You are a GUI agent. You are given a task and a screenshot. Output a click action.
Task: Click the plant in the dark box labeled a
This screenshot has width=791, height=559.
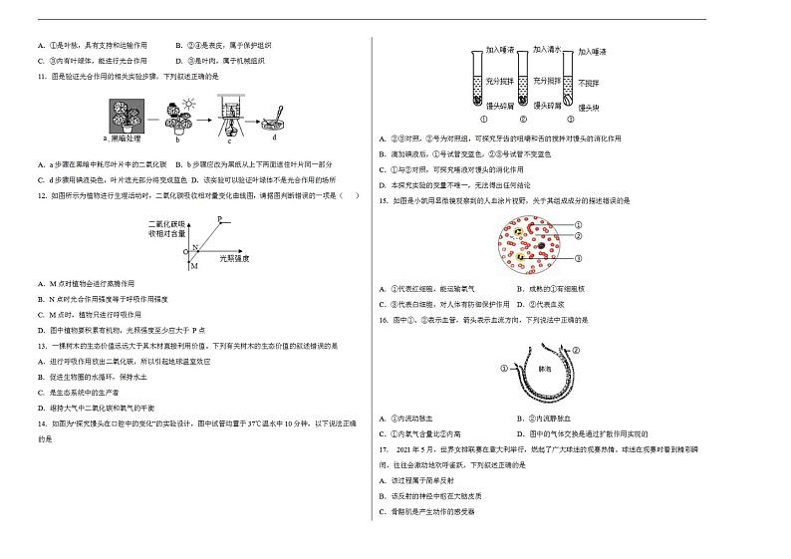point(130,115)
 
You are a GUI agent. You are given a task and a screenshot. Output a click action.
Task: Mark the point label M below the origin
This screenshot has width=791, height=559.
point(194,266)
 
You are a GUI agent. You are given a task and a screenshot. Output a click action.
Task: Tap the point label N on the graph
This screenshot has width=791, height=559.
point(196,247)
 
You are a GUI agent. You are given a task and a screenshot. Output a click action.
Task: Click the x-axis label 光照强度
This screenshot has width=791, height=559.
point(233,259)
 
